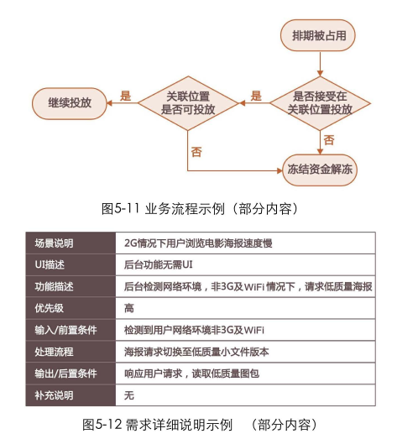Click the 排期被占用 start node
318,35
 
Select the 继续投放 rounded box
70,103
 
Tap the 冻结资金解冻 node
320,170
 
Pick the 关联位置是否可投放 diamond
188,103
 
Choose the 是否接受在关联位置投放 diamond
320,103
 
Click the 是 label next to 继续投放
125,96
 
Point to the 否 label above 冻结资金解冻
329,140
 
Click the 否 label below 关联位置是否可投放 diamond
196,152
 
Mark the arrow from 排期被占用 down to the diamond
320,64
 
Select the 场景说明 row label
54,243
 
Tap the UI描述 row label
50,264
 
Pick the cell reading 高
129,308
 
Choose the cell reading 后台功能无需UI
159,264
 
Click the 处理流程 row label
54,352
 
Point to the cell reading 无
129,395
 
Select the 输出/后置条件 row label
65,374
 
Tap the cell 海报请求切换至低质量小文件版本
196,352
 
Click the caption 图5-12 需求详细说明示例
157,425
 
